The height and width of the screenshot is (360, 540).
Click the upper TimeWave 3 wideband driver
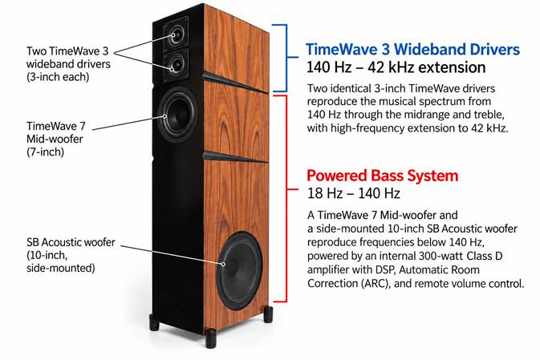point(176,35)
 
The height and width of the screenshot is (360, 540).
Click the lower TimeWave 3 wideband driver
point(176,64)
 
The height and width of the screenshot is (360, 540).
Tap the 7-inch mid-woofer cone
point(177,115)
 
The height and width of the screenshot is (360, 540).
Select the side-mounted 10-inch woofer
point(239,270)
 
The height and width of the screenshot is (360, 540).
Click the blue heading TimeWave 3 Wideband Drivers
point(412,49)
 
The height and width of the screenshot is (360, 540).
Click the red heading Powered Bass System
point(382,176)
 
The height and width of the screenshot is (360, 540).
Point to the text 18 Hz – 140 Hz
point(353,193)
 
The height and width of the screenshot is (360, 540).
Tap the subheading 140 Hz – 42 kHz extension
point(396,67)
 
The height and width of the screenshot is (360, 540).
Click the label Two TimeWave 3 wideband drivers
point(68,64)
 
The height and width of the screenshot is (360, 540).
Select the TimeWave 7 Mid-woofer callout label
point(55,139)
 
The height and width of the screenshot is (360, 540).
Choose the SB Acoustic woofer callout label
point(71,255)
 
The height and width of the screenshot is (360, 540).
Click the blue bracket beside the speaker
point(286,58)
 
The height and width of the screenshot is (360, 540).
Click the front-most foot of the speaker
point(211,338)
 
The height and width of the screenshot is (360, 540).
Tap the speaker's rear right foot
point(268,314)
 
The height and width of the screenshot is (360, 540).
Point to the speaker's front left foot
point(154,322)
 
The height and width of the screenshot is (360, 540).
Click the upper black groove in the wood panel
point(236,82)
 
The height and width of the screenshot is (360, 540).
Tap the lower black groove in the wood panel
point(236,156)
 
